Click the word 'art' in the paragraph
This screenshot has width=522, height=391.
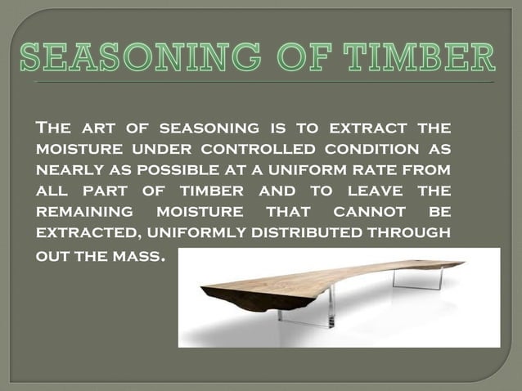coord(96,129)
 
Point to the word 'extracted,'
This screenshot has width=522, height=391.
coord(83,232)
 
